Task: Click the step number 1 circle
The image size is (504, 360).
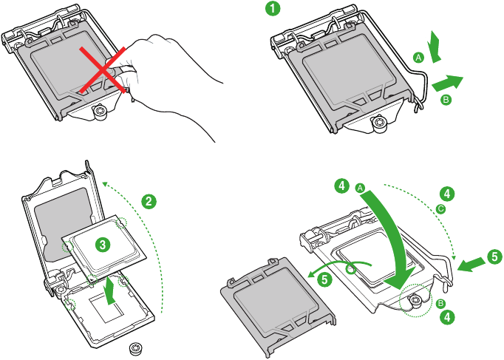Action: pos(273,10)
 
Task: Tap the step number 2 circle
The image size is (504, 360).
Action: pos(149,201)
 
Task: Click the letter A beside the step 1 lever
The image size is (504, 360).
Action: pos(418,57)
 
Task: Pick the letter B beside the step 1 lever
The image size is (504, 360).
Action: pos(445,99)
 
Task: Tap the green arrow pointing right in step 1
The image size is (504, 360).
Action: pos(448,78)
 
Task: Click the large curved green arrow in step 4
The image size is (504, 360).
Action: pos(392,237)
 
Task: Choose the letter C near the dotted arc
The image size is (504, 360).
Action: pos(441,209)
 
